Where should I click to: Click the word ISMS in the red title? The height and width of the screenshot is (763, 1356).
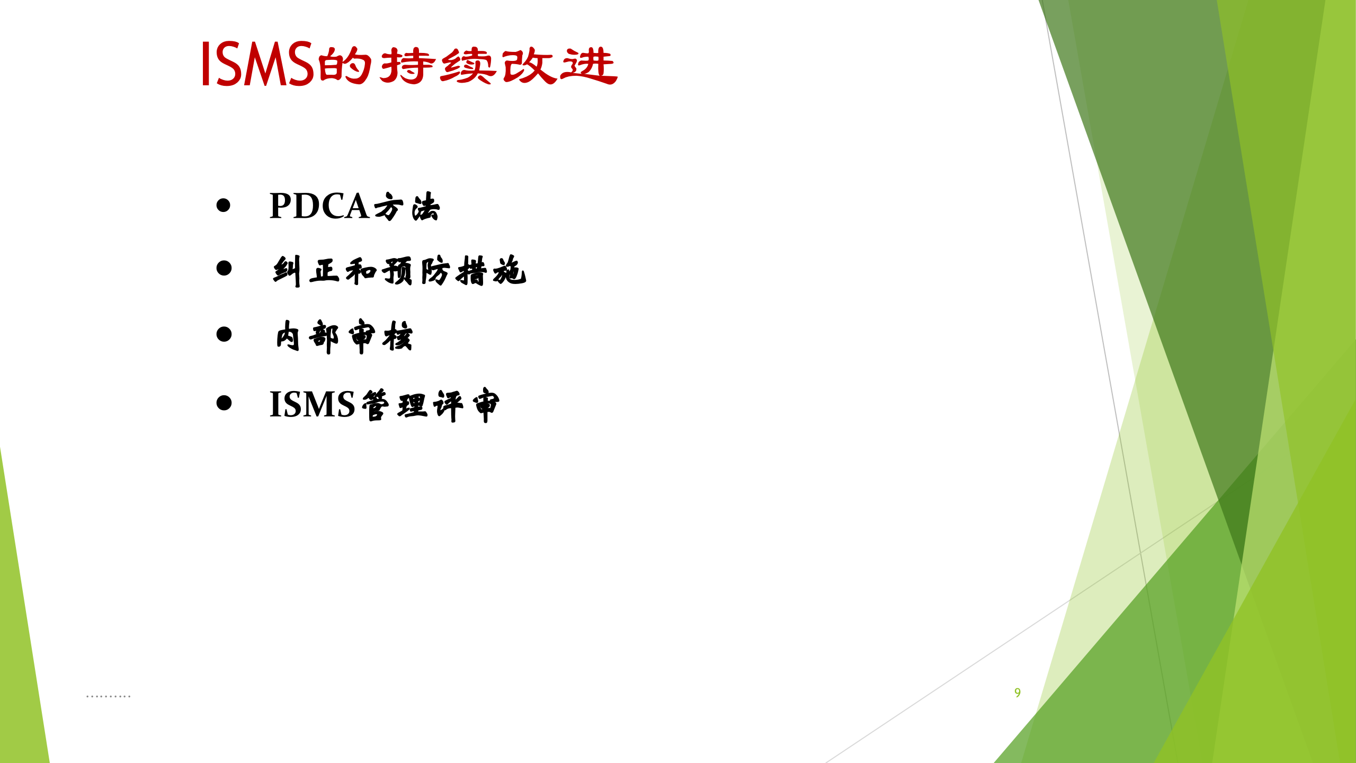(258, 64)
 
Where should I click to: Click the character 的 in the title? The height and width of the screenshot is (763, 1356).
(345, 66)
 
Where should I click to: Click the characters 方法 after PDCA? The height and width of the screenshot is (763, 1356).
(407, 207)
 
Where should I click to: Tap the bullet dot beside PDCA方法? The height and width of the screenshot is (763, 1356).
(224, 205)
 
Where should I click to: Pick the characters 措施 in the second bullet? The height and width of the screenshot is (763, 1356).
(491, 271)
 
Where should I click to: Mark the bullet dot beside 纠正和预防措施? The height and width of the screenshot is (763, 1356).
(224, 268)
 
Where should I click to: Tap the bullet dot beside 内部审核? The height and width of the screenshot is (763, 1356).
(224, 334)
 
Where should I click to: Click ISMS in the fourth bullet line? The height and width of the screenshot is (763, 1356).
(312, 405)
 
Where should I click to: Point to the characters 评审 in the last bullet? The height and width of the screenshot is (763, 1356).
(467, 405)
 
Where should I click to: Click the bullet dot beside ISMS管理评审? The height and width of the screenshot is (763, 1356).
(224, 403)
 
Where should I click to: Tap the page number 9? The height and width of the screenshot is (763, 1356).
(1018, 693)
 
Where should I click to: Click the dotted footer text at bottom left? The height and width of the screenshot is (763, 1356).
(108, 696)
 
